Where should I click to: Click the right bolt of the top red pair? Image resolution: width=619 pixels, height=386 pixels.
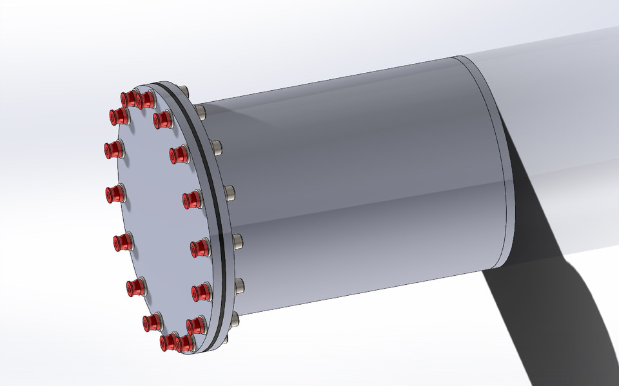145,99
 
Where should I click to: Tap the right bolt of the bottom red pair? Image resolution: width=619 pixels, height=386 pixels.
184,342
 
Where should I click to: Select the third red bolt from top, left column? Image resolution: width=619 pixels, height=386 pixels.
115,150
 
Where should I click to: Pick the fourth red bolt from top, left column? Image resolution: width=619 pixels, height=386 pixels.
115,193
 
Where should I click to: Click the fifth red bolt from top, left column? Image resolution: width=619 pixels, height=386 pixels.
123,243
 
